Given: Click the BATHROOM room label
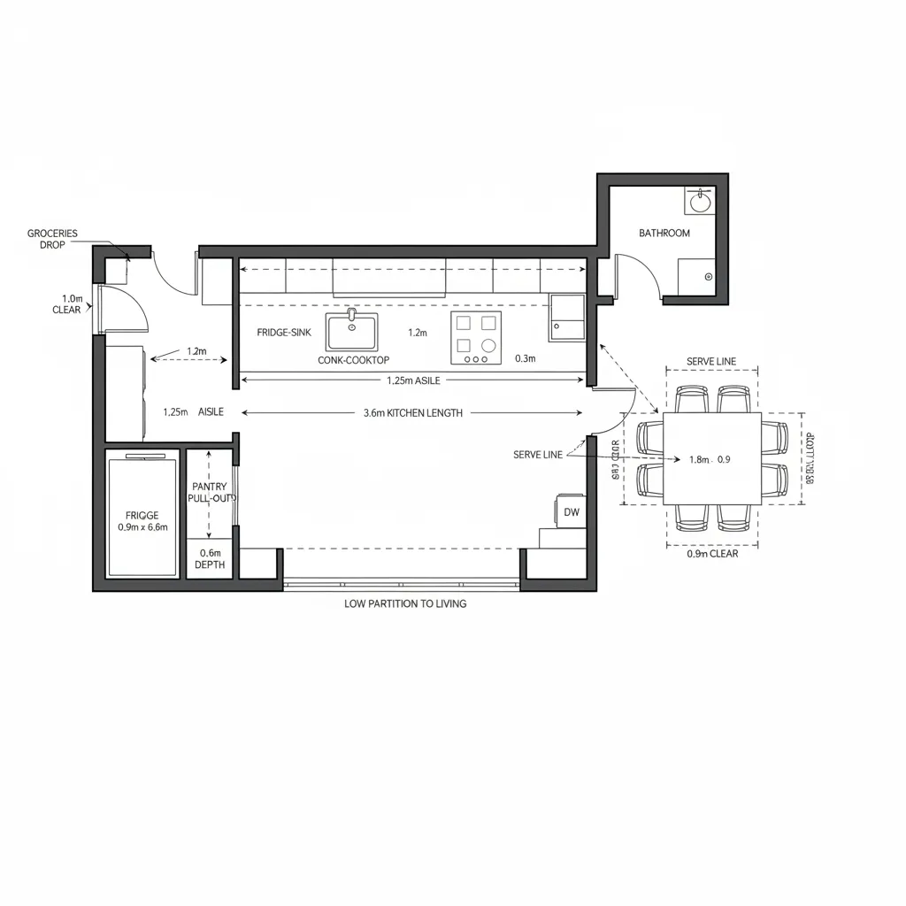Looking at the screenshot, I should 664,233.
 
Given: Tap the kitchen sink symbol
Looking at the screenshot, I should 351,332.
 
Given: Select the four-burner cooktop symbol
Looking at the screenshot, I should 475,338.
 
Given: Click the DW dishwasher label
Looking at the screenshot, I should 571,512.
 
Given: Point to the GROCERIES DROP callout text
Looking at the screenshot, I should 52,239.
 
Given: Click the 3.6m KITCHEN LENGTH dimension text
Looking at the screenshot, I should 412,413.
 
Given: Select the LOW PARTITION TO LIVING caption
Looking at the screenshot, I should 405,603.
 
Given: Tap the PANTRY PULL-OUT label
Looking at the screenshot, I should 210,493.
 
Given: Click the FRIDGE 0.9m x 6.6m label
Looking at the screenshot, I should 142,521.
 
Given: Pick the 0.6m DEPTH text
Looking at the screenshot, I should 210,558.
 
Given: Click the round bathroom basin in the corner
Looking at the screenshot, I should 700,202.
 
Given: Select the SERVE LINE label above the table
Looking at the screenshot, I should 711,362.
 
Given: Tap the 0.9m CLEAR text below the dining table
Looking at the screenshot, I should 712,554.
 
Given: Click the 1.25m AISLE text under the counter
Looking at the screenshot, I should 413,380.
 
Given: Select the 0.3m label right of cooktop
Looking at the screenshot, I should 525,359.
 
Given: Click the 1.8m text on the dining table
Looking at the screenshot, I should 698,459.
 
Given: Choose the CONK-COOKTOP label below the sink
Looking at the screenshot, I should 353,361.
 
